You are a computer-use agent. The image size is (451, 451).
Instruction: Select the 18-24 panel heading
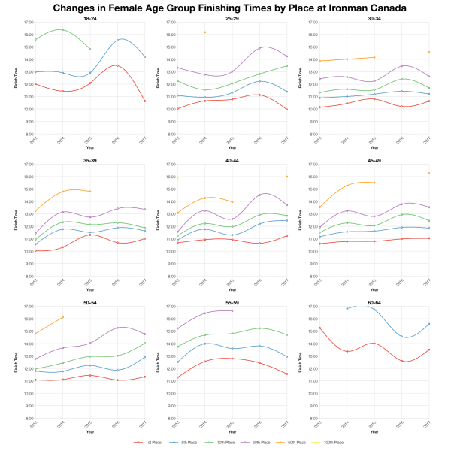coord(89,17)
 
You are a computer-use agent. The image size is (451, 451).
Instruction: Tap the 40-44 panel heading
coord(232,159)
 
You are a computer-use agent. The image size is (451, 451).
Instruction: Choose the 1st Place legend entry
coord(151,443)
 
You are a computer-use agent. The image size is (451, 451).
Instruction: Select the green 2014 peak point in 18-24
coord(62,30)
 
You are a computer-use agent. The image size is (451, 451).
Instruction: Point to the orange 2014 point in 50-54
coord(62,317)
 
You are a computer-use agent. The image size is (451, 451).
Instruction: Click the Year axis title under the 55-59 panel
coord(232,431)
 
